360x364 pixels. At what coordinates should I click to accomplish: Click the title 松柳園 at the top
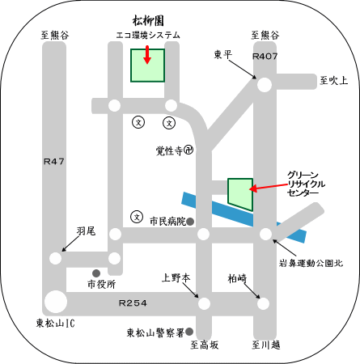(x=148, y=21)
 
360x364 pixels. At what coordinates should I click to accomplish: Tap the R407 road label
(x=265, y=56)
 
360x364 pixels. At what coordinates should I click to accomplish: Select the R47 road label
(x=54, y=161)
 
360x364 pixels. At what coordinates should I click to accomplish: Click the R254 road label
(x=133, y=303)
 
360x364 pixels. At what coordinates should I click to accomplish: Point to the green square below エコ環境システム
(x=147, y=66)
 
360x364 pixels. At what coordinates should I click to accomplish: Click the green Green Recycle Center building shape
(x=240, y=194)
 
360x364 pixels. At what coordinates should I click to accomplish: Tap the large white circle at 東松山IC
(x=56, y=302)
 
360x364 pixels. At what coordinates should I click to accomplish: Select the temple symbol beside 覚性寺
(x=188, y=150)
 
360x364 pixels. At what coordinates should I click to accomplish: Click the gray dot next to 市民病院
(x=190, y=222)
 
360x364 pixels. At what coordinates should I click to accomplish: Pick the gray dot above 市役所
(x=96, y=273)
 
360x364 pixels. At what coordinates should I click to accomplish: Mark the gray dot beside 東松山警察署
(x=189, y=331)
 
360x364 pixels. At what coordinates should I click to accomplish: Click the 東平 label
(x=223, y=55)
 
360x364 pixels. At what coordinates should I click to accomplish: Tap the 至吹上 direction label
(x=333, y=80)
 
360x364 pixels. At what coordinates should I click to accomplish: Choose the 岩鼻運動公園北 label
(x=311, y=263)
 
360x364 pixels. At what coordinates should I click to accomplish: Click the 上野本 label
(x=176, y=278)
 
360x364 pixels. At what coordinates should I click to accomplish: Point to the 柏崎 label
(x=237, y=278)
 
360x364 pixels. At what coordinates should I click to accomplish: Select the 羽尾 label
(x=86, y=231)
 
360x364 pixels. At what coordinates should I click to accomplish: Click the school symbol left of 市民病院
(x=137, y=217)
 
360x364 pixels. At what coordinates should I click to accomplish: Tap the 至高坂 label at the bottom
(x=204, y=345)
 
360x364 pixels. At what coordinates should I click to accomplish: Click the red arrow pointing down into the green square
(x=147, y=55)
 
